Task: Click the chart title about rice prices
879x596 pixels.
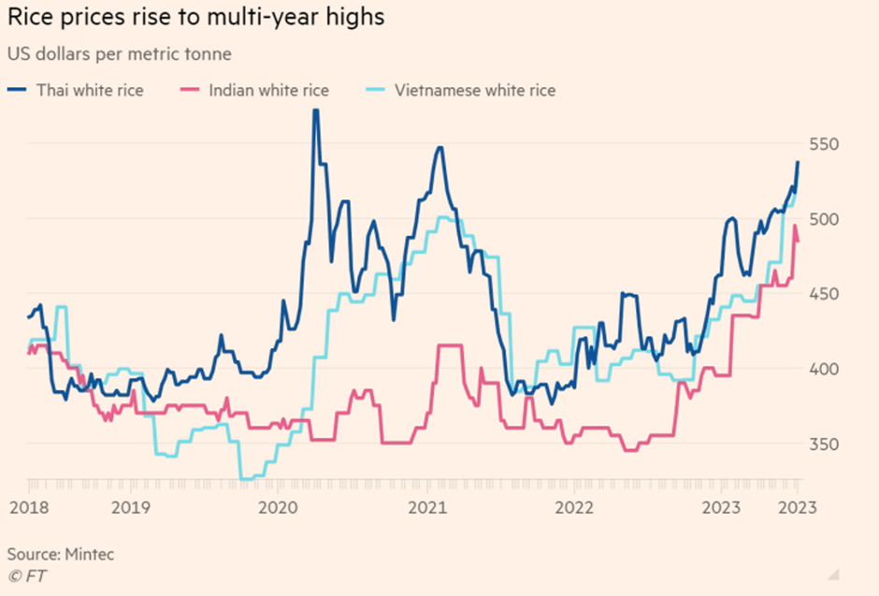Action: pyautogui.click(x=195, y=18)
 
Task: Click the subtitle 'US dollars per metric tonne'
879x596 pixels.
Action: pyautogui.click(x=119, y=52)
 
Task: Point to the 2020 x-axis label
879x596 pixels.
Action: pyautogui.click(x=278, y=508)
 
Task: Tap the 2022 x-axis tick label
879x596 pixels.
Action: pyautogui.click(x=574, y=508)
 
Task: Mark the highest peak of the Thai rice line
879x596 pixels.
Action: pyautogui.click(x=315, y=110)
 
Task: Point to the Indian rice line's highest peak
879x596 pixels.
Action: pyautogui.click(x=795, y=225)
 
